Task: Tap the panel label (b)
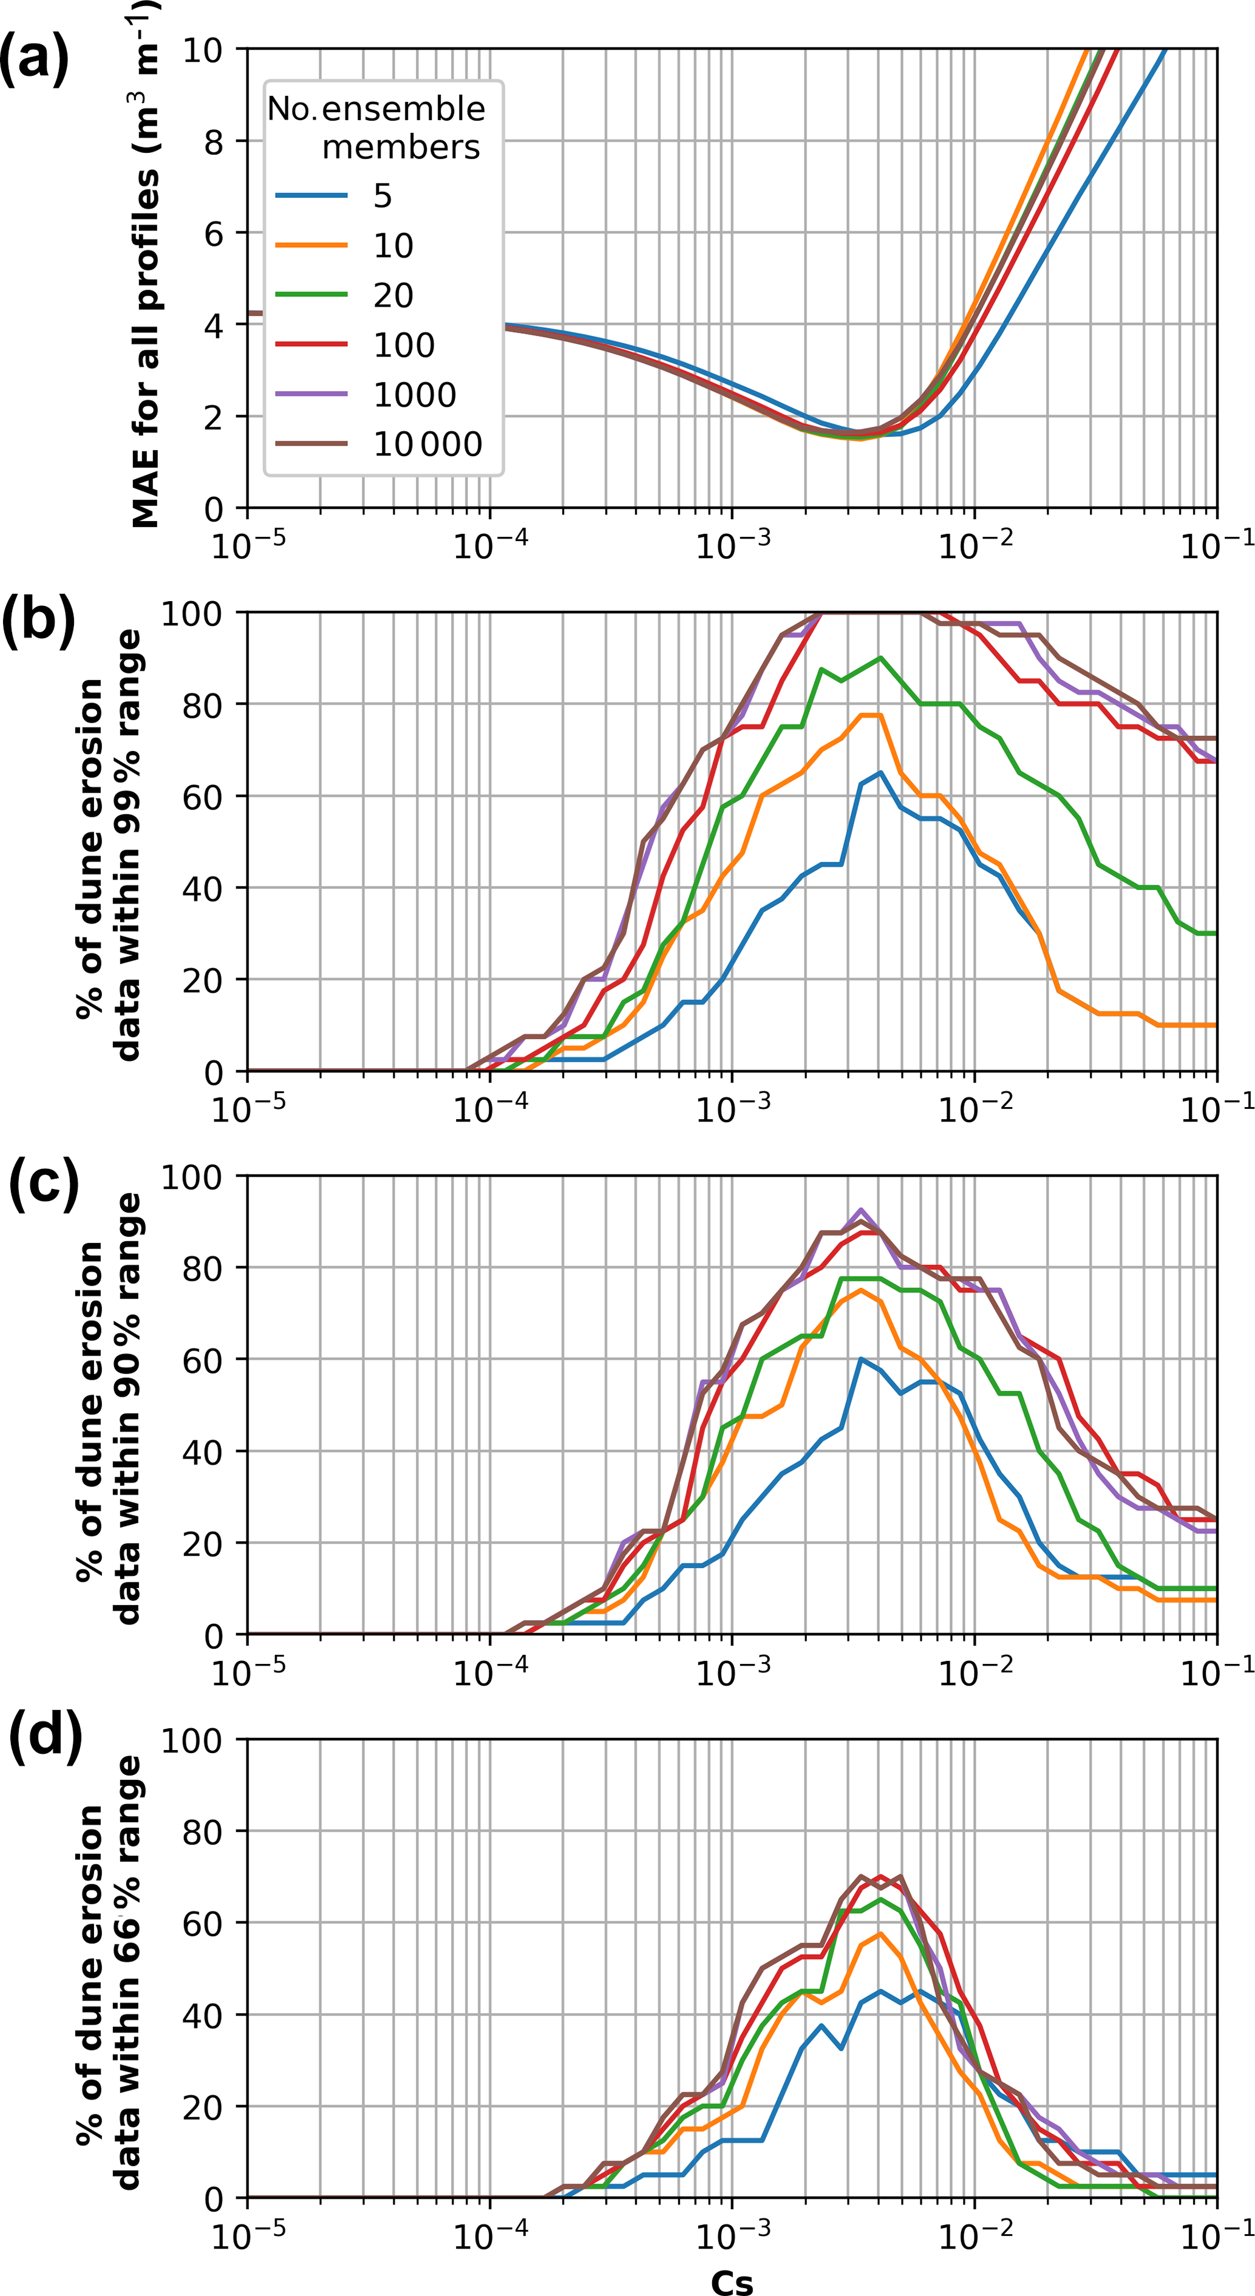pyautogui.click(x=38, y=619)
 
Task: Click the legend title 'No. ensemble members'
pyautogui.click(x=377, y=128)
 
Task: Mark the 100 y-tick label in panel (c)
pyautogui.click(x=192, y=1176)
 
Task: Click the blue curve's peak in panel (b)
pyautogui.click(x=880, y=773)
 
